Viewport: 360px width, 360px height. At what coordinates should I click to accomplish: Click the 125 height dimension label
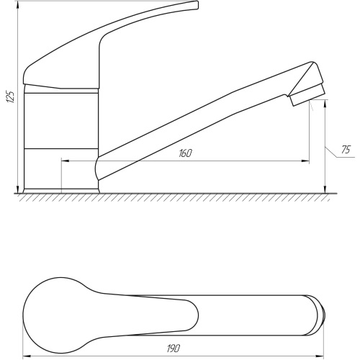[10, 96]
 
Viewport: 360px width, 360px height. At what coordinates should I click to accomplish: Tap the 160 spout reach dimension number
[185, 153]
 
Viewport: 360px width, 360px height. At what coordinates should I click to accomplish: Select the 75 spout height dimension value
[346, 150]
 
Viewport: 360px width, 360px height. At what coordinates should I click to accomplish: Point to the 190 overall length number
[174, 348]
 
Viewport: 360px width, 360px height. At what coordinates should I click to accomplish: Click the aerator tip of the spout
[308, 96]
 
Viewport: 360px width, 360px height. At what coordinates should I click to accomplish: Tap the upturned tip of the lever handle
[195, 5]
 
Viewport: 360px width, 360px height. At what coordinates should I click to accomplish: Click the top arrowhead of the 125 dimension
[17, 5]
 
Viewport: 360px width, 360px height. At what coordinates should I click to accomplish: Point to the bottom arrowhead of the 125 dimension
[17, 189]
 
